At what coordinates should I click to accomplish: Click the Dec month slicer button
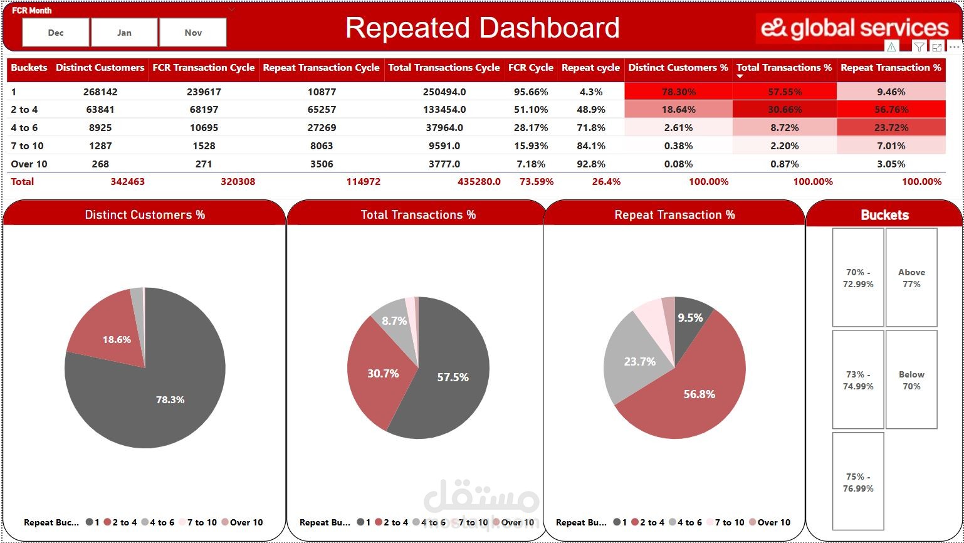(x=56, y=33)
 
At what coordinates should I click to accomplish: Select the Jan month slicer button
(x=124, y=33)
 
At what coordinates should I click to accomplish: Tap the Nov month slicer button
(x=193, y=33)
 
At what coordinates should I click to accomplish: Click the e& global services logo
(x=855, y=28)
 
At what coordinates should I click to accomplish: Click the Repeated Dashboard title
(x=482, y=28)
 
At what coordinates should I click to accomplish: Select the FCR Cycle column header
(x=530, y=68)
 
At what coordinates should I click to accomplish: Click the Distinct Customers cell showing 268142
(x=100, y=92)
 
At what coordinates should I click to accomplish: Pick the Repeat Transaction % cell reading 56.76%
(x=891, y=110)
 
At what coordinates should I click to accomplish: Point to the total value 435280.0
(x=479, y=182)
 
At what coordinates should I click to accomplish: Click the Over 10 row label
(x=29, y=164)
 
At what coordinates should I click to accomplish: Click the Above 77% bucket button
(x=911, y=278)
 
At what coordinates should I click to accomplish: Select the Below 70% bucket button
(x=911, y=380)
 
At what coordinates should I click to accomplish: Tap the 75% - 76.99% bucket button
(x=858, y=482)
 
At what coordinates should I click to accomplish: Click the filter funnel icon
(x=919, y=47)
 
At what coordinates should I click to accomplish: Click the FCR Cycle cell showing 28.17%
(x=530, y=128)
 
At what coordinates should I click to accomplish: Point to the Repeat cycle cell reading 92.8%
(x=590, y=164)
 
